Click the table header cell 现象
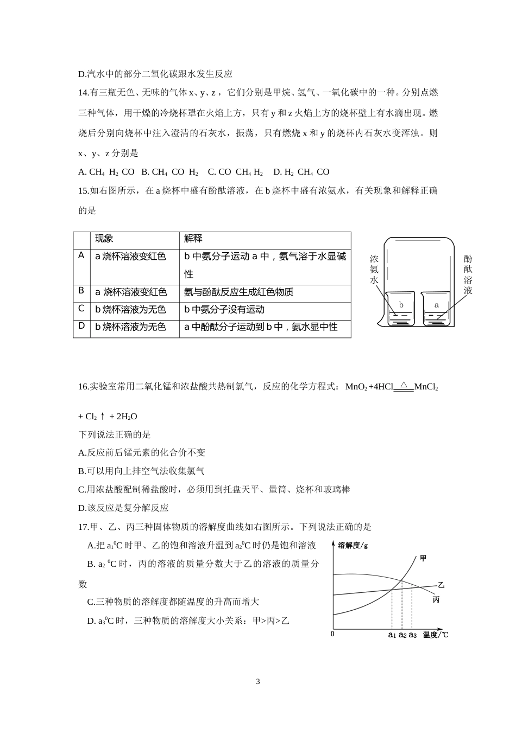pyautogui.click(x=104, y=239)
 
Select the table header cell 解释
pyautogui.click(x=193, y=239)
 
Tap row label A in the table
pyautogui.click(x=81, y=255)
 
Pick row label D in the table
pyautogui.click(x=81, y=326)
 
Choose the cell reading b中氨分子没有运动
pyautogui.click(x=224, y=310)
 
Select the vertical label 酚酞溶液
pyautogui.click(x=468, y=275)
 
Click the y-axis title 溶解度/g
pyautogui.click(x=353, y=546)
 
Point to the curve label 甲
pyautogui.click(x=424, y=558)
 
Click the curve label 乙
pyautogui.click(x=441, y=585)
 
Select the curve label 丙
pyautogui.click(x=436, y=600)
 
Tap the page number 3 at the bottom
pyautogui.click(x=258, y=681)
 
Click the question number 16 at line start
pyautogui.click(x=83, y=387)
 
